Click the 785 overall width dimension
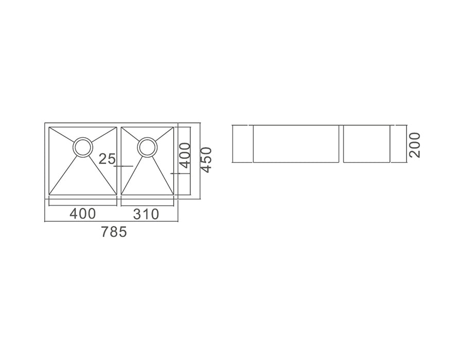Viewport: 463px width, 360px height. pos(114,232)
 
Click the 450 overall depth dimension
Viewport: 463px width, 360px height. pos(206,160)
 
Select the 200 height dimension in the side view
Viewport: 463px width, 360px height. pos(415,145)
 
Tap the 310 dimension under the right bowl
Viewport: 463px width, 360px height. pos(146,213)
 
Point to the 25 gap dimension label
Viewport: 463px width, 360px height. pos(108,159)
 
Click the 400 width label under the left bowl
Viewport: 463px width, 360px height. pos(82,213)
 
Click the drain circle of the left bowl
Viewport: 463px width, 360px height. pos(82,147)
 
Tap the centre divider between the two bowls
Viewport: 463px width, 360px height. pos(119,160)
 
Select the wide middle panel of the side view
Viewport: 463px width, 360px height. pos(296,143)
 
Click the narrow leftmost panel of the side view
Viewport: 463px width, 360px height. pos(242,143)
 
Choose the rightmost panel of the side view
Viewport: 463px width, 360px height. pos(367,143)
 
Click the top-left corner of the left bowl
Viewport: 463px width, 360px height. pos(49,128)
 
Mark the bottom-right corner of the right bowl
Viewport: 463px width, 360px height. pos(173,195)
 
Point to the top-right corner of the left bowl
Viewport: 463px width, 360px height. pos(116,128)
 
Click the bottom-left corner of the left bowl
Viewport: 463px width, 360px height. pos(49,195)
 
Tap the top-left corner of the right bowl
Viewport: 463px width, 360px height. pos(121,128)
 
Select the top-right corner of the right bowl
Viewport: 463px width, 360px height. pos(173,128)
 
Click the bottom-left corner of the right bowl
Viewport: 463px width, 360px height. pos(121,195)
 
